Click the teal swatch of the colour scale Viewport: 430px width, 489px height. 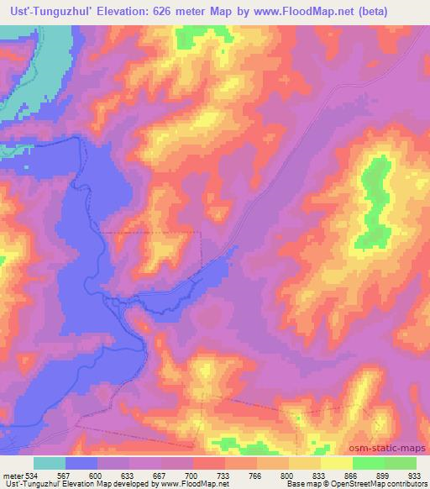point(50,464)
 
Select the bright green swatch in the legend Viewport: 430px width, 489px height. point(368,464)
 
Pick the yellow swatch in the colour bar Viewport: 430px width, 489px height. point(336,464)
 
